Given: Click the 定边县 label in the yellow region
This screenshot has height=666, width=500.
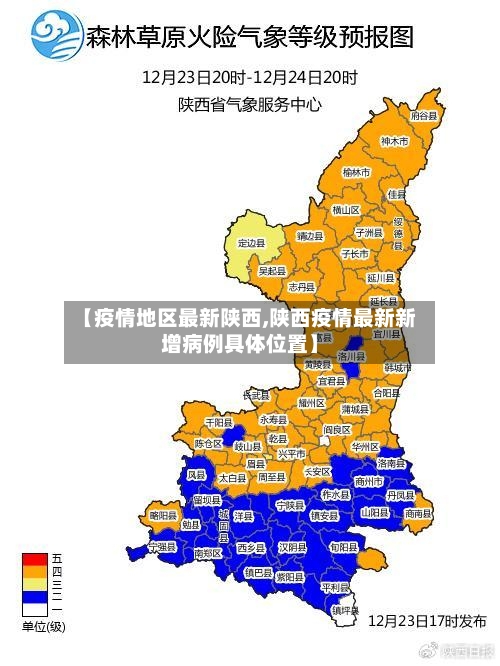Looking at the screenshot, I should point(251,242).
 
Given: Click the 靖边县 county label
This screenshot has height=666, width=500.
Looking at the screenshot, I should point(309,236).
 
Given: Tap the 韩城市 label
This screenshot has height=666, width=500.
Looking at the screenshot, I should point(399,367).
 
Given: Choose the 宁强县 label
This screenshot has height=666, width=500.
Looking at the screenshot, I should point(161,547).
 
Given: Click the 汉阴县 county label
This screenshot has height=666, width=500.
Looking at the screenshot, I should point(292,547).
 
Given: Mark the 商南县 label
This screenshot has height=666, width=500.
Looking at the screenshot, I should point(418,513).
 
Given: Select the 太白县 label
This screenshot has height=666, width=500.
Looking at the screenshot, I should point(232,479).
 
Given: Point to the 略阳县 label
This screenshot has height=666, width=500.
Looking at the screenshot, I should point(163,514).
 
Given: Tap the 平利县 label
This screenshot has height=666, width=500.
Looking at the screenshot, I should point(334,587).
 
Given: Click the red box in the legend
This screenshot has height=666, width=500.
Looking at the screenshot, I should point(35,558).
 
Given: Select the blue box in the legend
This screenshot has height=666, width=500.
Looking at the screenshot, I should point(35,596).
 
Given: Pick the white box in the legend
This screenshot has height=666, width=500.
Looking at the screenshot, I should point(35,609).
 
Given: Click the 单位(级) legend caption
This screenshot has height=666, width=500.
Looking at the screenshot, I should point(43,627).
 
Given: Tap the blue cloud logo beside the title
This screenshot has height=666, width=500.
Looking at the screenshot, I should point(57,37).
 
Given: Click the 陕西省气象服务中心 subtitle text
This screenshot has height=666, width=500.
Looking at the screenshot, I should point(250,102).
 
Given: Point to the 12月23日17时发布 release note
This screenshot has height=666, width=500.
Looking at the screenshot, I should point(427,620).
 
